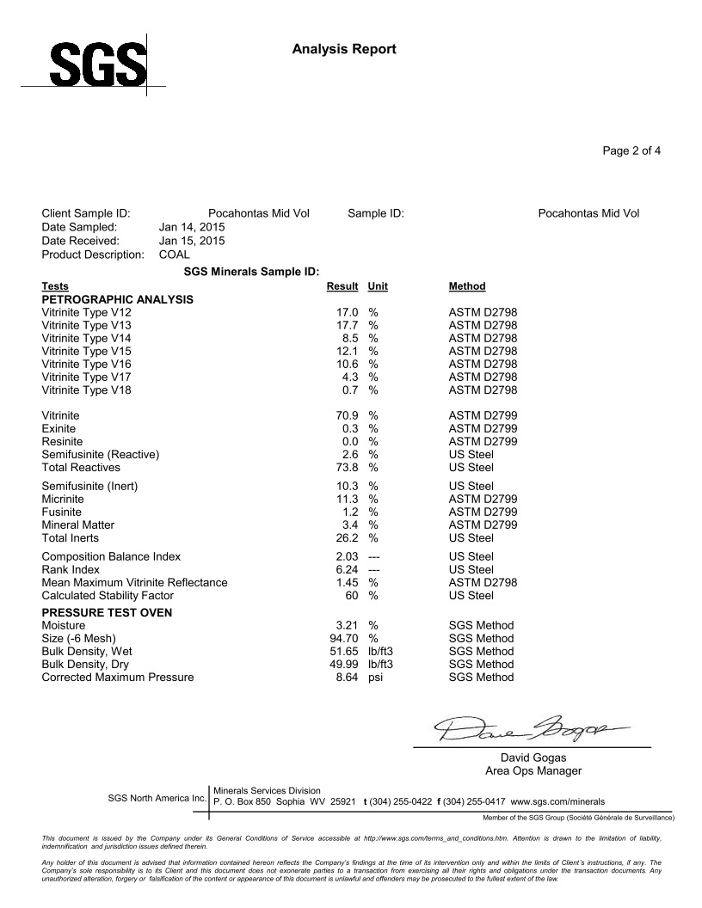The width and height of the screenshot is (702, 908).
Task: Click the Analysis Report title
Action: click(x=344, y=49)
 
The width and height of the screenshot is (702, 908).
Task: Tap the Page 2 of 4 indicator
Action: click(x=631, y=151)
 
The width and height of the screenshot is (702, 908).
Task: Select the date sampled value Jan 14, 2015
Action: click(x=192, y=227)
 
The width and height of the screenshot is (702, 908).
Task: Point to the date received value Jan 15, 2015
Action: click(x=192, y=241)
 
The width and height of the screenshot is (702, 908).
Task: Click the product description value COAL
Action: click(x=175, y=255)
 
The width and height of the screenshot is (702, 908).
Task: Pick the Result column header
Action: click(x=342, y=285)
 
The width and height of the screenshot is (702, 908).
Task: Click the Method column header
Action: click(x=467, y=285)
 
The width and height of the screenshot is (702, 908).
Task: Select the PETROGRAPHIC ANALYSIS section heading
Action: click(x=117, y=299)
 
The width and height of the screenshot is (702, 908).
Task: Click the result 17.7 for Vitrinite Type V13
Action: click(x=347, y=325)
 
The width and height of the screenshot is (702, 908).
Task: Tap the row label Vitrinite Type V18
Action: click(x=86, y=390)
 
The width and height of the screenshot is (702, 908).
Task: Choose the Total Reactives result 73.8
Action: click(x=347, y=468)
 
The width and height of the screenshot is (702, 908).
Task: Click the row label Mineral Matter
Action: click(x=77, y=525)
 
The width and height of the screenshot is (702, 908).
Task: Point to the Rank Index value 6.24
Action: click(x=347, y=569)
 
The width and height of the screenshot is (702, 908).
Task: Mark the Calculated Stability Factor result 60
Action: click(x=351, y=595)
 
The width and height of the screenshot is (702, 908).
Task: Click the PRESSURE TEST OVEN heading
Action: click(x=107, y=612)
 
